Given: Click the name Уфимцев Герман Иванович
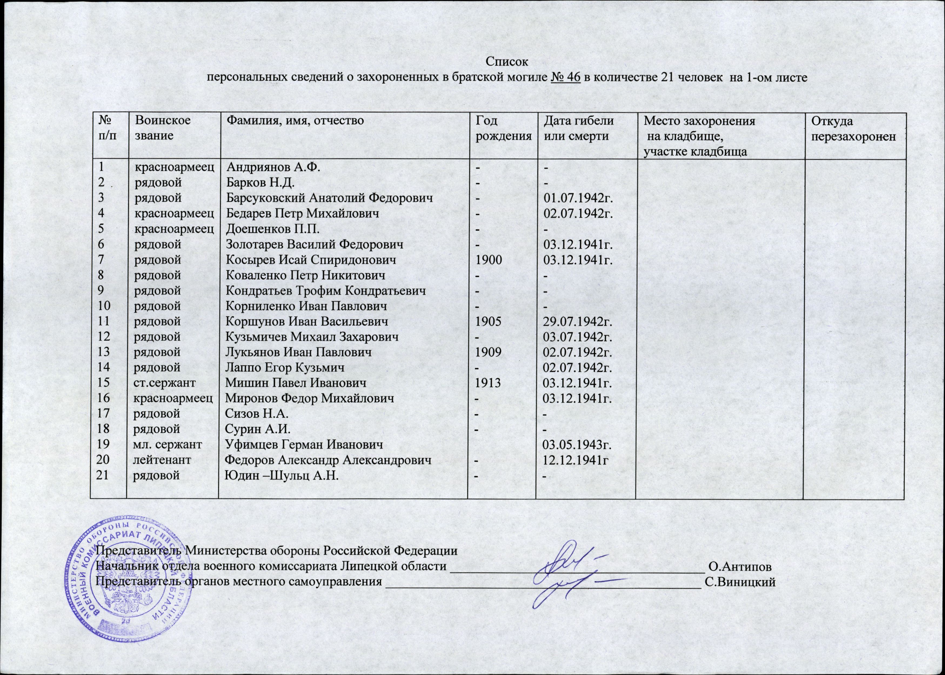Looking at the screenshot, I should [303, 445].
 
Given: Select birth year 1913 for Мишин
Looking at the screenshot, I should [489, 383].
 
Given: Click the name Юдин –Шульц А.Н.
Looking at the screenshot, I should [281, 476].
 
